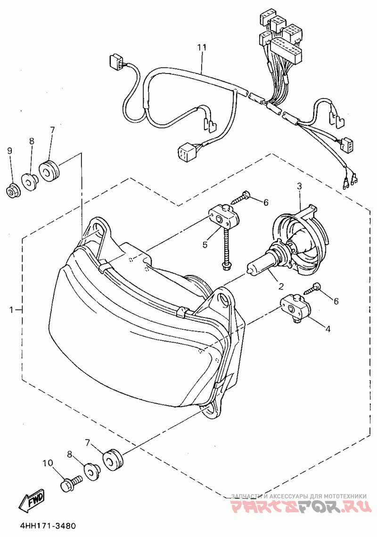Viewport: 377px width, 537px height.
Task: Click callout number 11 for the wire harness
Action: pos(202,48)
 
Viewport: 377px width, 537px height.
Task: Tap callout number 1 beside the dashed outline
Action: pos(11,309)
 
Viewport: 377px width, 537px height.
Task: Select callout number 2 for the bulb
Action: pos(281,285)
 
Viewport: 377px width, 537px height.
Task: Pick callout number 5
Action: pos(205,244)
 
